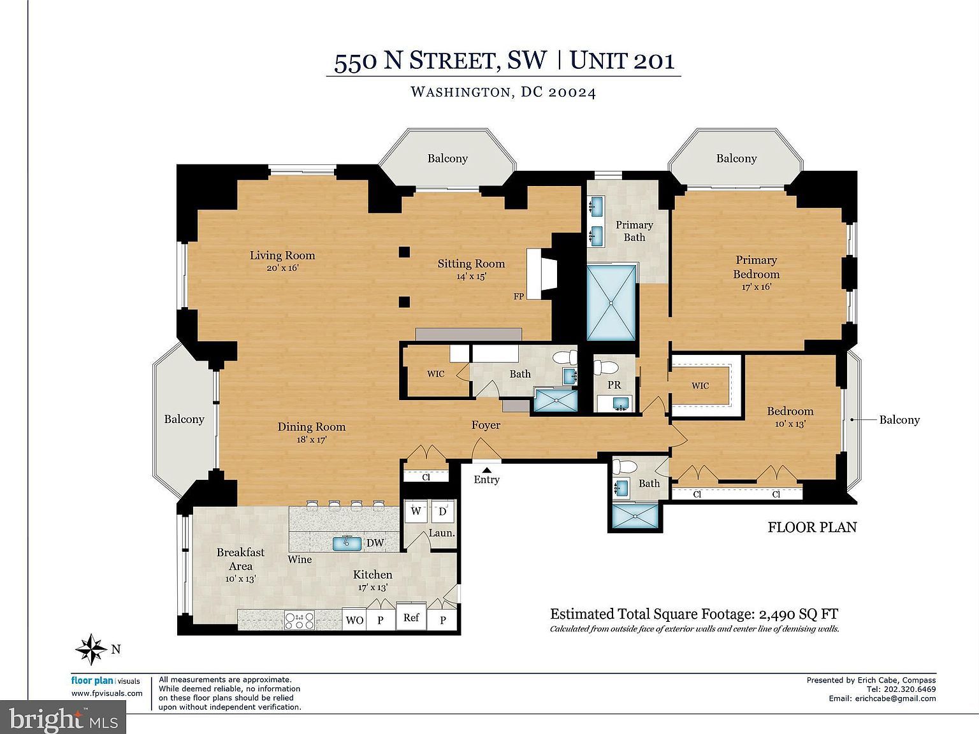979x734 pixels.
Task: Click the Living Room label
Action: click(x=282, y=255)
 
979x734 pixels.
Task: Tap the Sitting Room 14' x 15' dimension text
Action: click(x=471, y=277)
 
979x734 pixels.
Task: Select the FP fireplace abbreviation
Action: click(x=519, y=296)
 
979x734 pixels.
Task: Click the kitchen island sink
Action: click(x=347, y=542)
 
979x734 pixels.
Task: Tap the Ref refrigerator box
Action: click(x=411, y=617)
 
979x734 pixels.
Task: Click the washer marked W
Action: click(x=416, y=511)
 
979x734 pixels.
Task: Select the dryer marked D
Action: click(x=443, y=511)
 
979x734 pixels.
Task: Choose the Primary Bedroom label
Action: click(x=756, y=267)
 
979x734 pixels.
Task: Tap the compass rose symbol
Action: click(x=92, y=649)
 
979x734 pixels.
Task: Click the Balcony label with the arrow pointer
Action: click(x=899, y=420)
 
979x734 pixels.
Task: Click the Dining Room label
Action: click(x=311, y=427)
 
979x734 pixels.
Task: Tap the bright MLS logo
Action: click(x=64, y=719)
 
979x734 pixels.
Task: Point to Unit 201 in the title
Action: click(x=621, y=61)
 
